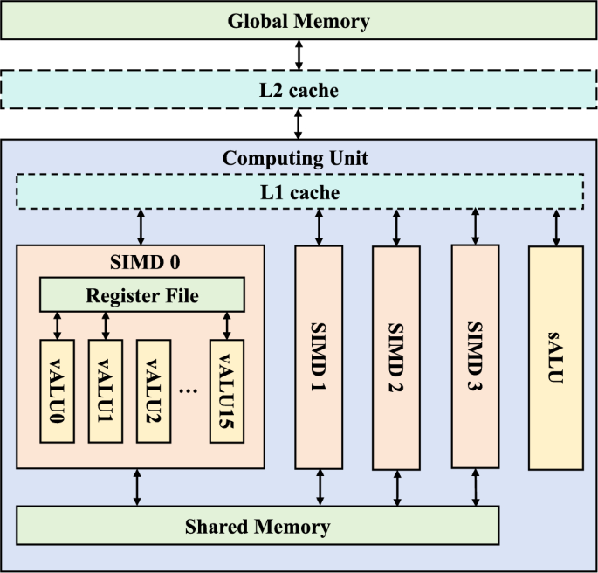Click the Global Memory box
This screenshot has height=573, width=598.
click(x=299, y=21)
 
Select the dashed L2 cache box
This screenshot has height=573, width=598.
click(x=299, y=89)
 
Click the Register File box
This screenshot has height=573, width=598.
click(x=142, y=295)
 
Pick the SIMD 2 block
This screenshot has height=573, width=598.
click(x=397, y=358)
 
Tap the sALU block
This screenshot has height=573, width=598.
click(x=555, y=358)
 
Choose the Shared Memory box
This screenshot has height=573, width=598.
click(x=258, y=527)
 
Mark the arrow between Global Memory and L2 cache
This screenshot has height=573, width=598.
click(x=299, y=54)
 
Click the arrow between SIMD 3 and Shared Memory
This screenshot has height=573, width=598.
click(x=476, y=487)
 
